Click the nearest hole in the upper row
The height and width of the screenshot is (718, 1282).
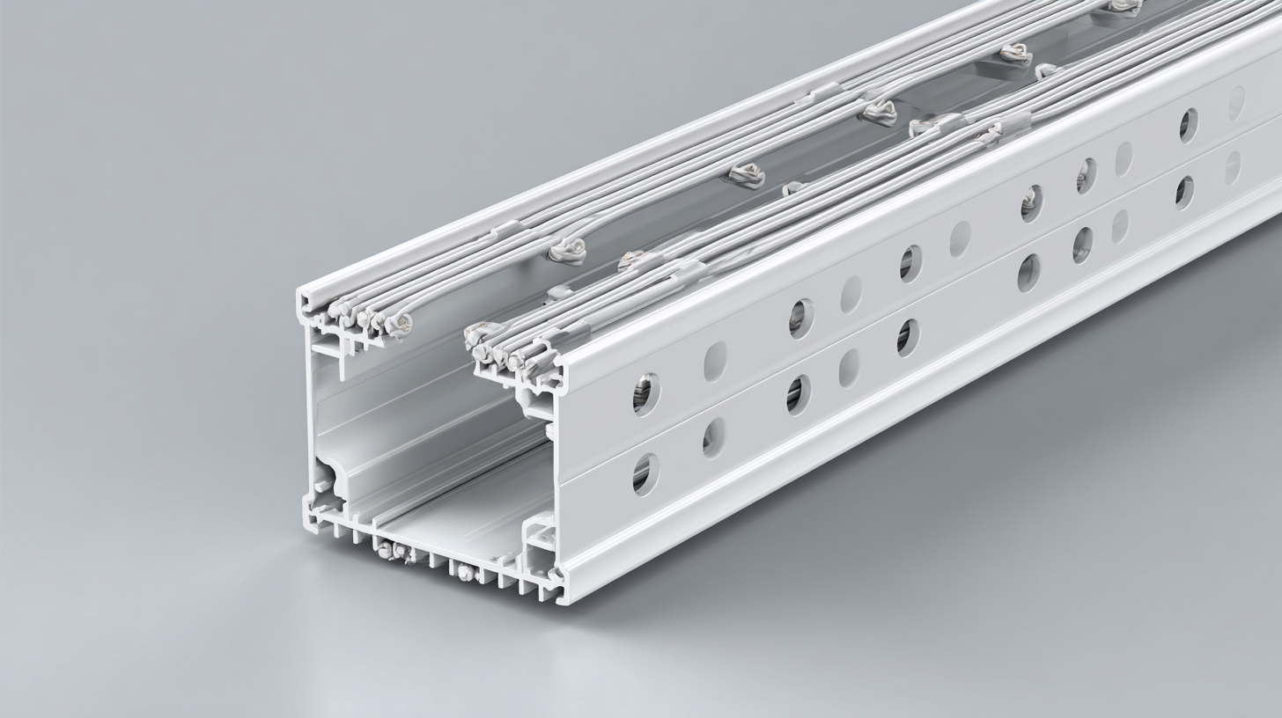pyautogui.click(x=645, y=394)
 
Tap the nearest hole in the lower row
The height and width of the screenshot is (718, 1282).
pyautogui.click(x=645, y=474)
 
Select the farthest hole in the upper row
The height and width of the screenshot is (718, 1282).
pyautogui.click(x=1236, y=103)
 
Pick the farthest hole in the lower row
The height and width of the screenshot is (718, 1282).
pyautogui.click(x=1233, y=168)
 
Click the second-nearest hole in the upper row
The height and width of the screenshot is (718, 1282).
pyautogui.click(x=714, y=362)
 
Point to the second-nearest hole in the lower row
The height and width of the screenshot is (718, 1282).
pyautogui.click(x=713, y=437)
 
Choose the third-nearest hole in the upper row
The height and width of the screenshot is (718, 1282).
pyautogui.click(x=800, y=319)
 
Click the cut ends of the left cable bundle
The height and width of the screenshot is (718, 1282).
pyautogui.click(x=370, y=317)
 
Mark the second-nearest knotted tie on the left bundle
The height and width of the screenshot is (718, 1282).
pyautogui.click(x=745, y=176)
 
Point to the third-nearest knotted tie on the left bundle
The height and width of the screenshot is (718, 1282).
pyautogui.click(x=879, y=112)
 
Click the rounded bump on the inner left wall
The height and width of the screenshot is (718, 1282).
pyautogui.click(x=333, y=479)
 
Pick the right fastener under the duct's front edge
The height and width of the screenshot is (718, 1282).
pyautogui.click(x=467, y=573)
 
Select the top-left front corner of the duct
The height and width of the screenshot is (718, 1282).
pyautogui.click(x=304, y=295)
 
